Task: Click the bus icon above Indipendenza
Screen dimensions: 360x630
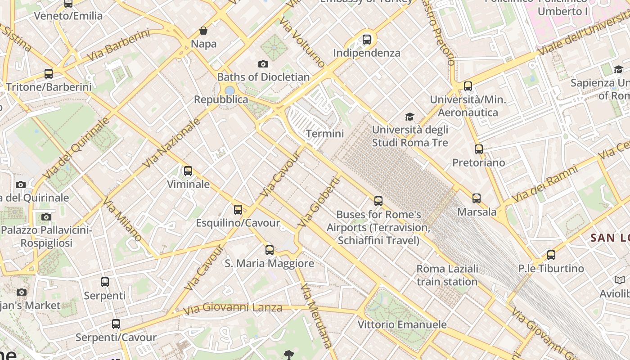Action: [367, 40]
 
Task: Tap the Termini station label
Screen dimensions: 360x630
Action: [324, 134]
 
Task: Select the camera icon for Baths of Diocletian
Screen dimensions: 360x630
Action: [263, 64]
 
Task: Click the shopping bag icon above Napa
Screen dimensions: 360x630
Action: [203, 31]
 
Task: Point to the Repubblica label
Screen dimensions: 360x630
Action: [221, 99]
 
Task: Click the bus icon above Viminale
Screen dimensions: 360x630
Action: [188, 171]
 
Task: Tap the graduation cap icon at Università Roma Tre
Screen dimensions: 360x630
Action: [409, 117]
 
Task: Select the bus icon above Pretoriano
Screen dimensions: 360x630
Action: [479, 149]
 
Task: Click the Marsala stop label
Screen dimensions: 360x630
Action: [477, 211]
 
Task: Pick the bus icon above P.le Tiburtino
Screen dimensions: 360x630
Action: [551, 255]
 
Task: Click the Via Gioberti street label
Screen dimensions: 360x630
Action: [318, 202]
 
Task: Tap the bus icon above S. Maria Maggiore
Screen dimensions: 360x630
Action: [270, 250]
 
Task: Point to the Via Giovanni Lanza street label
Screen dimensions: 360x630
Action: [233, 308]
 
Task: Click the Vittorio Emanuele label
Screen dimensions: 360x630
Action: [402, 324]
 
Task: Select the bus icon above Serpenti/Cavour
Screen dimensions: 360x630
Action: [116, 324]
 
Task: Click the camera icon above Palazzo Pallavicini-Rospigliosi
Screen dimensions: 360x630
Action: [46, 217]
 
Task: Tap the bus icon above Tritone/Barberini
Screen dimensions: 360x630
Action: [49, 74]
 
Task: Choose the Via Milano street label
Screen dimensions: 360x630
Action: [122, 220]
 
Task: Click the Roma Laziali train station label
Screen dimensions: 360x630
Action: [447, 275]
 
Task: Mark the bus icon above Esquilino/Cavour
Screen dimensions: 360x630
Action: [238, 210]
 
